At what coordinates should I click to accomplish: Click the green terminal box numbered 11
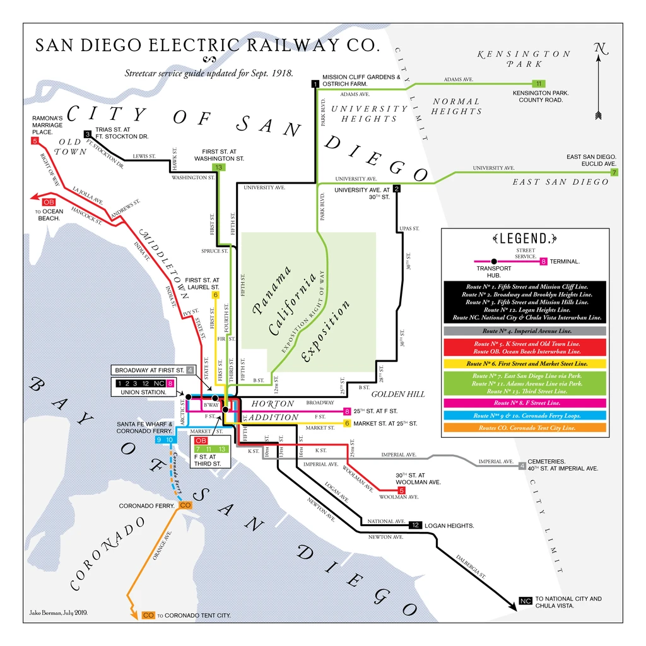point(538,83)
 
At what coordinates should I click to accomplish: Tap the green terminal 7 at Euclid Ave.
point(614,172)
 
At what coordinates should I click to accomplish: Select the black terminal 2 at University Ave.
point(396,188)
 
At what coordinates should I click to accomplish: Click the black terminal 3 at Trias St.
point(88,134)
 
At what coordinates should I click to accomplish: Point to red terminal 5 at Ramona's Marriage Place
point(35,141)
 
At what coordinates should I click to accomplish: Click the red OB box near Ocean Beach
point(49,201)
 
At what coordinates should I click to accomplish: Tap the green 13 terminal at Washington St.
point(219,167)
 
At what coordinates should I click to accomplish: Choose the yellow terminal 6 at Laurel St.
point(215,295)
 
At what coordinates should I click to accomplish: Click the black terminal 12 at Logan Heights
point(415,525)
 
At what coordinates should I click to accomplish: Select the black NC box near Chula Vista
point(526,601)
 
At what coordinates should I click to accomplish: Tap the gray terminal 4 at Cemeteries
point(522,466)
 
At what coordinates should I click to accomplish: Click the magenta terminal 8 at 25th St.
point(347,411)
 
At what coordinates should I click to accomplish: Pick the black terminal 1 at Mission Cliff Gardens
point(315,83)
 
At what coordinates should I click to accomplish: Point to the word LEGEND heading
point(524,238)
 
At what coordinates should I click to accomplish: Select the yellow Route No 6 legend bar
point(525,364)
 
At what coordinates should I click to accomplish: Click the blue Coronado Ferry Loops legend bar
point(525,416)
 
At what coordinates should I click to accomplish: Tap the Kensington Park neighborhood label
point(524,59)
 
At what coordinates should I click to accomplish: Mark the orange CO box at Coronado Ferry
point(185,505)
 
